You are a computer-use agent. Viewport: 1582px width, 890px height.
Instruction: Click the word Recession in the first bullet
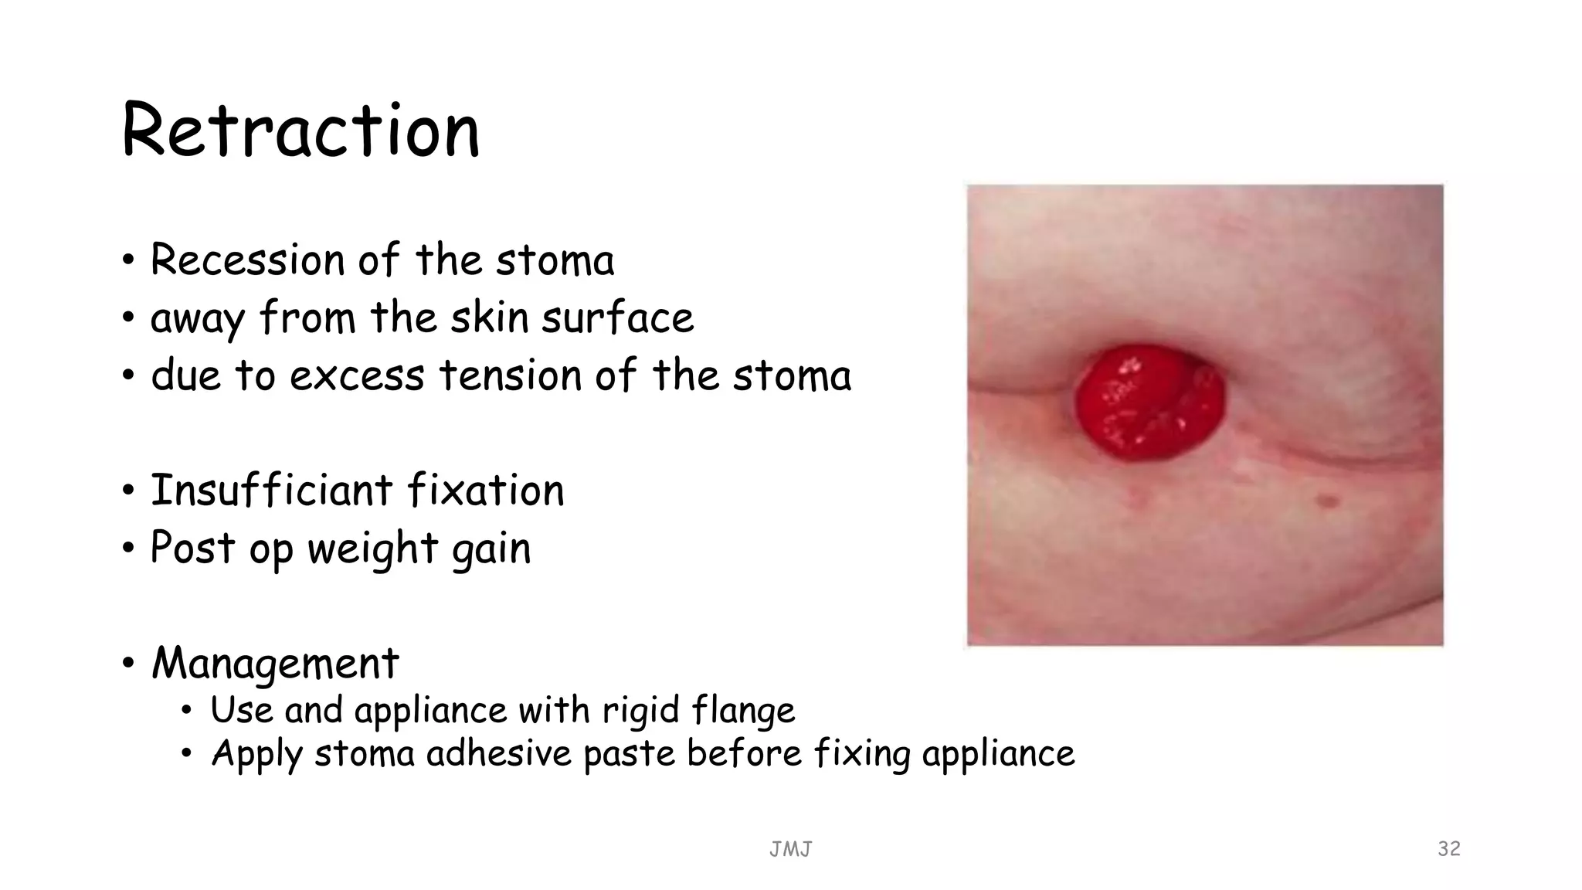point(246,260)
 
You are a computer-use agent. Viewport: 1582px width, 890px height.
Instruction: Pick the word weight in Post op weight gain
point(373,549)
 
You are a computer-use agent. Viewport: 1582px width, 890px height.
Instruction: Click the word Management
point(275,663)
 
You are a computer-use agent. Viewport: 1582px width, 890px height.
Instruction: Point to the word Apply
point(256,754)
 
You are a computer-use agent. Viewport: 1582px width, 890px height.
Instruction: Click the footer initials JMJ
point(790,850)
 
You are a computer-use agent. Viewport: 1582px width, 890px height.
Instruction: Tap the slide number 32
point(1448,848)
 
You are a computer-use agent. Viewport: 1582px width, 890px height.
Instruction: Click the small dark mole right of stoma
point(1328,501)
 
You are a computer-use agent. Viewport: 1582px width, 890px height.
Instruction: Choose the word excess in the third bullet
point(357,376)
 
